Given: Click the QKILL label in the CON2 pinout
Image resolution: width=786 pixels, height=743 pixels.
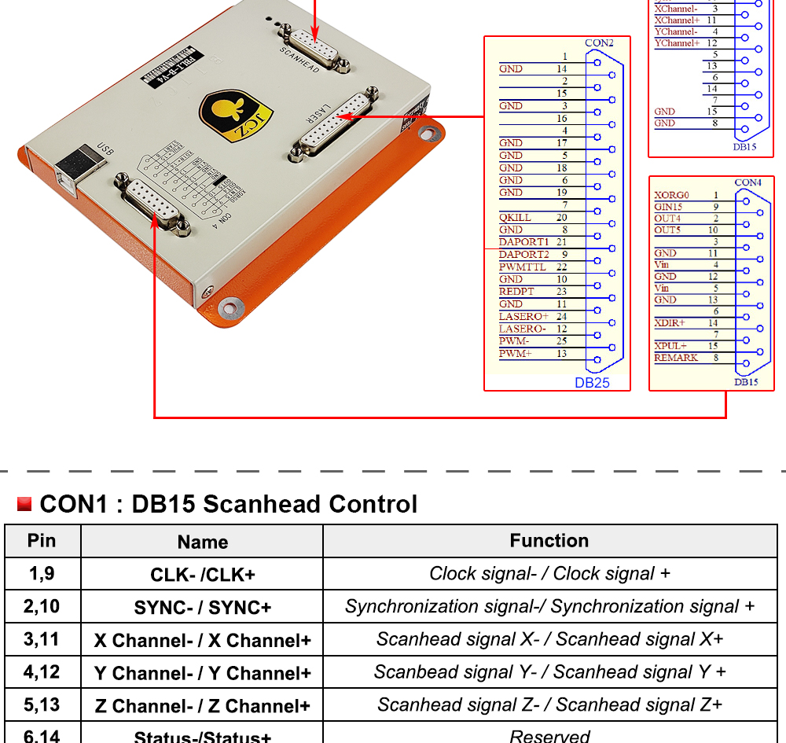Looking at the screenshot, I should (x=515, y=218).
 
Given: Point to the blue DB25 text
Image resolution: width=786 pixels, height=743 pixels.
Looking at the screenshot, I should (x=592, y=383).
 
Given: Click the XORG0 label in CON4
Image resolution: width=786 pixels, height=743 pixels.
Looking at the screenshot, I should (x=670, y=195).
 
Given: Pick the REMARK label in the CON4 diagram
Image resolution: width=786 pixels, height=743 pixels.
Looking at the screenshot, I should (x=676, y=358).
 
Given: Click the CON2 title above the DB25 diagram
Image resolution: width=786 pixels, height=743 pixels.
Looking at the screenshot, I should (x=599, y=42).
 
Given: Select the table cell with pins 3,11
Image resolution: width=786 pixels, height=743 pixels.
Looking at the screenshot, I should (x=42, y=639).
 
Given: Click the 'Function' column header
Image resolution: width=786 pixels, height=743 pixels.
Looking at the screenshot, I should (x=549, y=541).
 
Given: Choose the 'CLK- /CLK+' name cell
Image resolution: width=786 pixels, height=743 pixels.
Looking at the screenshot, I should (x=203, y=575).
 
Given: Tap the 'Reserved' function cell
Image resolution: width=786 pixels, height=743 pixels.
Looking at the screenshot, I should (x=549, y=736).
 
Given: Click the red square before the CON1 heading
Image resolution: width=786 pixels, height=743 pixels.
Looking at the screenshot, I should (x=24, y=504).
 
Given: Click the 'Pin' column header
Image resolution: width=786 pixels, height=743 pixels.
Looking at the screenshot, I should (x=42, y=541).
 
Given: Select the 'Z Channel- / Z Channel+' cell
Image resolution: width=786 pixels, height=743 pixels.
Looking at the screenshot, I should (x=203, y=706).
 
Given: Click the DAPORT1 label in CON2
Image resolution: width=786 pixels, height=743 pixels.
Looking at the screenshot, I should (x=523, y=242).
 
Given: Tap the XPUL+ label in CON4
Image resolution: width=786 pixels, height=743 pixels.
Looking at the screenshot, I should (x=670, y=346).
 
